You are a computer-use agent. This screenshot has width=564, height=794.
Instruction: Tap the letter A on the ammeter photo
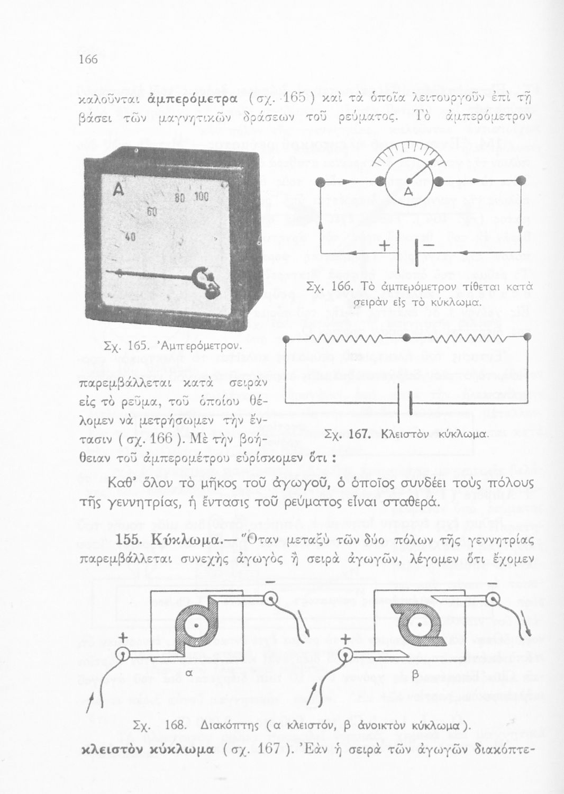click(118, 188)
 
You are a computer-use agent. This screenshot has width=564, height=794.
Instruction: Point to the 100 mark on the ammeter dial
click(202, 196)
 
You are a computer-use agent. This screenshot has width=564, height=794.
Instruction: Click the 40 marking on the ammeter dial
click(130, 237)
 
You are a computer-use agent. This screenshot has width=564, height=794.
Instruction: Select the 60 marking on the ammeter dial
click(152, 212)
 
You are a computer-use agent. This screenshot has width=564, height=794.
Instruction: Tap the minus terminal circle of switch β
click(493, 599)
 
